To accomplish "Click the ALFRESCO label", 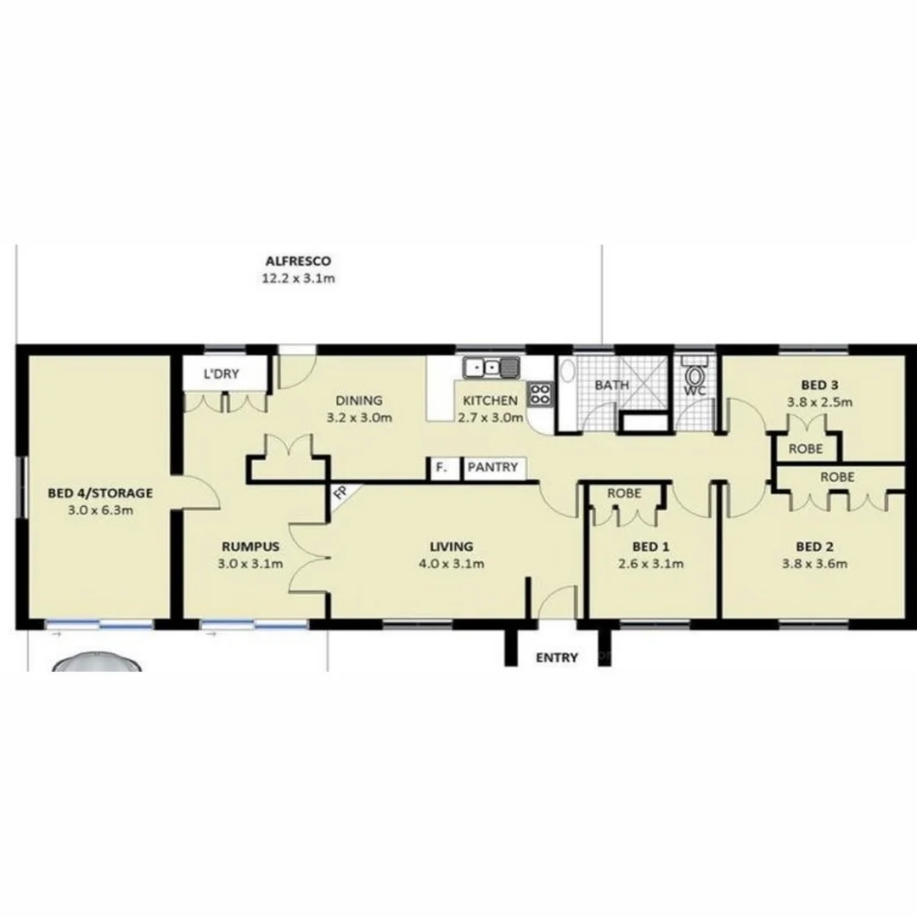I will point(297,262).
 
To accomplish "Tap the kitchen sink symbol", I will point(491,368).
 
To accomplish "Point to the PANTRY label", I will point(492,468).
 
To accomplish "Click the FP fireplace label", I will point(340,492).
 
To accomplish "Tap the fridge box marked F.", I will point(441,468).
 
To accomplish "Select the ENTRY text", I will point(557,657).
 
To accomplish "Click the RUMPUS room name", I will point(251,547).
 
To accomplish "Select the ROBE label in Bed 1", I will point(624,493).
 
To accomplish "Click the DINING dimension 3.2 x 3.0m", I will point(359,418).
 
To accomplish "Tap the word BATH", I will point(611,385).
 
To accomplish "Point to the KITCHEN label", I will point(489,401).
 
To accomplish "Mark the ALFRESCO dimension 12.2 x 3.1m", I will point(297,278).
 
